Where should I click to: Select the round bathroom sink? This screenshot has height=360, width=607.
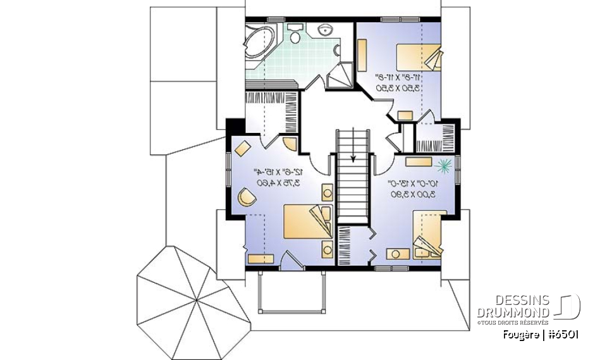(x=326, y=28)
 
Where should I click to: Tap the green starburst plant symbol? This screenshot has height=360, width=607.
(x=444, y=165)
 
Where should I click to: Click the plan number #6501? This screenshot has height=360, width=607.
(x=561, y=334)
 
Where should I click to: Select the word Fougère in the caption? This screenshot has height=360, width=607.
(x=520, y=334)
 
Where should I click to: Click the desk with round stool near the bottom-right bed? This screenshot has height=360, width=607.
(x=397, y=254)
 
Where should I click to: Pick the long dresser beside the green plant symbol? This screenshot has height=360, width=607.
(x=419, y=161)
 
